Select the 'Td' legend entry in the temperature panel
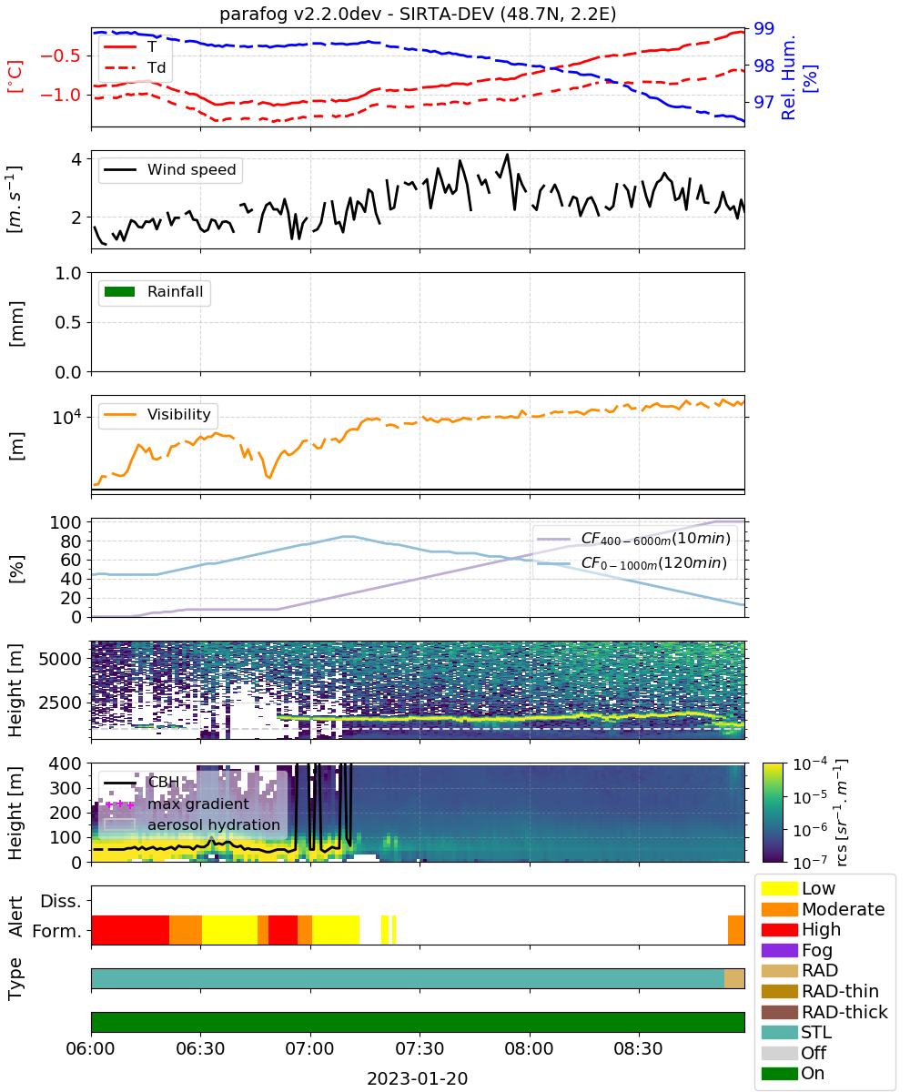[x=135, y=67]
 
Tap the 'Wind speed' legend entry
[x=170, y=169]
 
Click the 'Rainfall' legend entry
[x=154, y=291]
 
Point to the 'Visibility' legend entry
[x=157, y=414]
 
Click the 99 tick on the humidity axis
[x=763, y=28]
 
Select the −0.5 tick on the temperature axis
[x=60, y=56]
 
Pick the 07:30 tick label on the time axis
[x=420, y=1048]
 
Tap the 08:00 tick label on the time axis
[x=529, y=1048]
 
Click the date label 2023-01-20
[x=418, y=1078]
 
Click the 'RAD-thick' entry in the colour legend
[x=824, y=1011]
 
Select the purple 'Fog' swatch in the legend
[x=779, y=950]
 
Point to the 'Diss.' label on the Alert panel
[x=61, y=901]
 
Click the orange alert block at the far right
[x=736, y=930]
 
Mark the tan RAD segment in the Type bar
[x=734, y=978]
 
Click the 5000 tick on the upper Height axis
[x=60, y=659]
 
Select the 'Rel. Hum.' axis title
[x=788, y=77]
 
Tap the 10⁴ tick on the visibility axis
[x=67, y=417]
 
